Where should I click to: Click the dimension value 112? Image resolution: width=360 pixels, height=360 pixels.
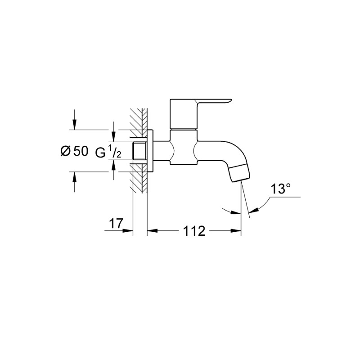[194, 231]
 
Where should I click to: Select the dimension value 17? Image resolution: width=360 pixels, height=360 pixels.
[116, 223]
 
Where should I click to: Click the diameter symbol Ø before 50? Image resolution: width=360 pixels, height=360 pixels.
[65, 152]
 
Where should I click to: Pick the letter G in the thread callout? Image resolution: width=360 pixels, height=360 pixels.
[100, 152]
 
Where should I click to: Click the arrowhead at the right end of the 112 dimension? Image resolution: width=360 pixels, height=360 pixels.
[237, 231]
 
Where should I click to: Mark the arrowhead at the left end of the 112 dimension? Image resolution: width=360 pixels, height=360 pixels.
[152, 231]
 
